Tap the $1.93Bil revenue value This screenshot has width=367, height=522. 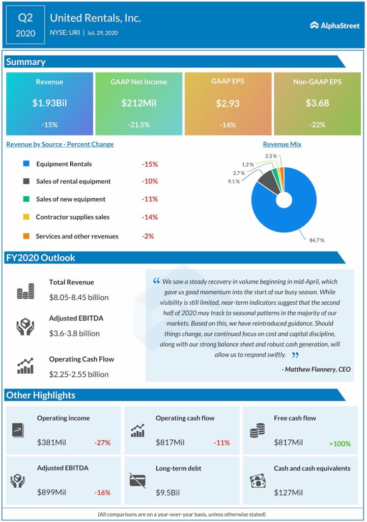pos(49,103)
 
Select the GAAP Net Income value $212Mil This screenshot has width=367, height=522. pos(138,103)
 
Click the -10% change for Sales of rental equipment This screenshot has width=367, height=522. pos(150,181)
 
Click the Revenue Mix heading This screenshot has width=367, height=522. pos(282,144)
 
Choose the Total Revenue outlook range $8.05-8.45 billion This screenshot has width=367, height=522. pos(79,297)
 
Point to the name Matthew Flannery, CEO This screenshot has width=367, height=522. pos(316,369)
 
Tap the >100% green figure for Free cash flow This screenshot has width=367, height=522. pos(340,443)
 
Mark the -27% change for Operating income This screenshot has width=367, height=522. pos(102,443)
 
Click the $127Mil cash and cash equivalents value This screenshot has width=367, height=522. pos(288,492)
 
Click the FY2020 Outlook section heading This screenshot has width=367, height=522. pos(40,258)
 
